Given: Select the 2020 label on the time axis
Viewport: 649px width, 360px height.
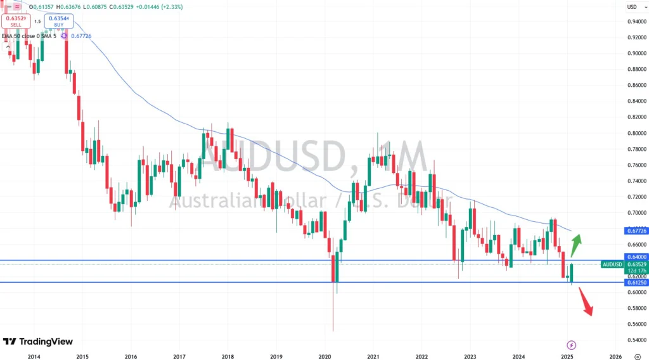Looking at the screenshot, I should click(324, 356).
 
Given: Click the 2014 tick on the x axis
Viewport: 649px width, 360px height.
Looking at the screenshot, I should click(34, 356).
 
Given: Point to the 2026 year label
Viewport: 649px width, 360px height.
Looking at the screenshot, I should click(614, 356).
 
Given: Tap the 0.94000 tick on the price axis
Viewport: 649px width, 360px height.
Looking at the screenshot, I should click(638, 21).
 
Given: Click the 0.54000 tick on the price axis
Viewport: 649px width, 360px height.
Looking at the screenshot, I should click(638, 340).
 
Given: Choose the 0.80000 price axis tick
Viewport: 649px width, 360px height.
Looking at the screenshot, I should click(638, 133).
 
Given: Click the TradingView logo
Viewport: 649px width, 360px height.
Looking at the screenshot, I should click(38, 342).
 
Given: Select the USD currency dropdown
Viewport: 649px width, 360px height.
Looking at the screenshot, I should click(632, 7).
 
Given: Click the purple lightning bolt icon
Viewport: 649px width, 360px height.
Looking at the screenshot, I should click(572, 345).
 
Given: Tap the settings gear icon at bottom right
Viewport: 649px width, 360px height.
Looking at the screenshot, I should click(638, 356).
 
